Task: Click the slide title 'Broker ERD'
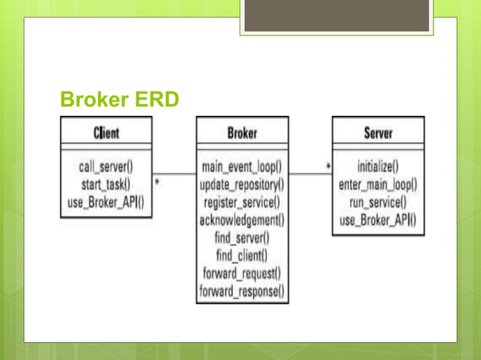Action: tap(119, 100)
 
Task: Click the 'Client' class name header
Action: tap(106, 133)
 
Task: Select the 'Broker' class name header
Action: tap(242, 133)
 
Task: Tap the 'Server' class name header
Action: tap(378, 133)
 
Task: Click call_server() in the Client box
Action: tap(106, 166)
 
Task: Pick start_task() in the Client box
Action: tap(106, 184)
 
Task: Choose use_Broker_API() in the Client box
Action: tap(106, 202)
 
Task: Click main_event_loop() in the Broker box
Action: tap(242, 166)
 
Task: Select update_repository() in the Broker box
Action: tap(242, 184)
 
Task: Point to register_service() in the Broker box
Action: tap(242, 202)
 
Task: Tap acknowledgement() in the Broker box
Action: tap(242, 220)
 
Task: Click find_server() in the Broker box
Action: tap(242, 238)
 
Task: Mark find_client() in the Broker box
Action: tap(242, 255)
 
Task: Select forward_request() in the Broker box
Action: tap(242, 273)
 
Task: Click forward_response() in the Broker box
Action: tap(242, 291)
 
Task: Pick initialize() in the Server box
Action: tap(378, 166)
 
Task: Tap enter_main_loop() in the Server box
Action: tap(378, 184)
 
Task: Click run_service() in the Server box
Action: tap(378, 202)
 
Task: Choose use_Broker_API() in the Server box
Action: tap(378, 220)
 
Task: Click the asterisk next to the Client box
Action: tap(157, 182)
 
